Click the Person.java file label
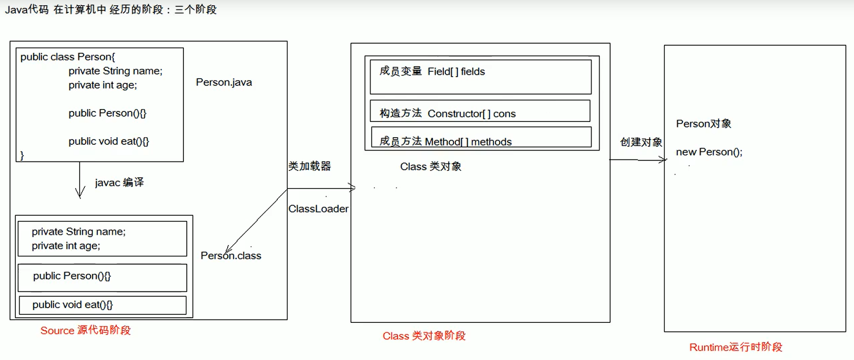point(223,82)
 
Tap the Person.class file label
point(231,256)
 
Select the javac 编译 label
point(119,182)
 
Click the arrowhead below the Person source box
point(80,193)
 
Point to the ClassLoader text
point(318,209)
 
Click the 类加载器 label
point(309,166)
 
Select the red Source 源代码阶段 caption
point(85,330)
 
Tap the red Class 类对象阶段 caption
point(424,336)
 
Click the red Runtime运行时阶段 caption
point(735,347)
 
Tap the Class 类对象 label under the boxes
point(431,167)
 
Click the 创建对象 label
point(641,142)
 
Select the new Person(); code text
point(709,152)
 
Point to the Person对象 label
point(703,124)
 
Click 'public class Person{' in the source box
point(68,57)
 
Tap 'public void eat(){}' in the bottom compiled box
point(72,305)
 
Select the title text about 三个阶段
point(111,10)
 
